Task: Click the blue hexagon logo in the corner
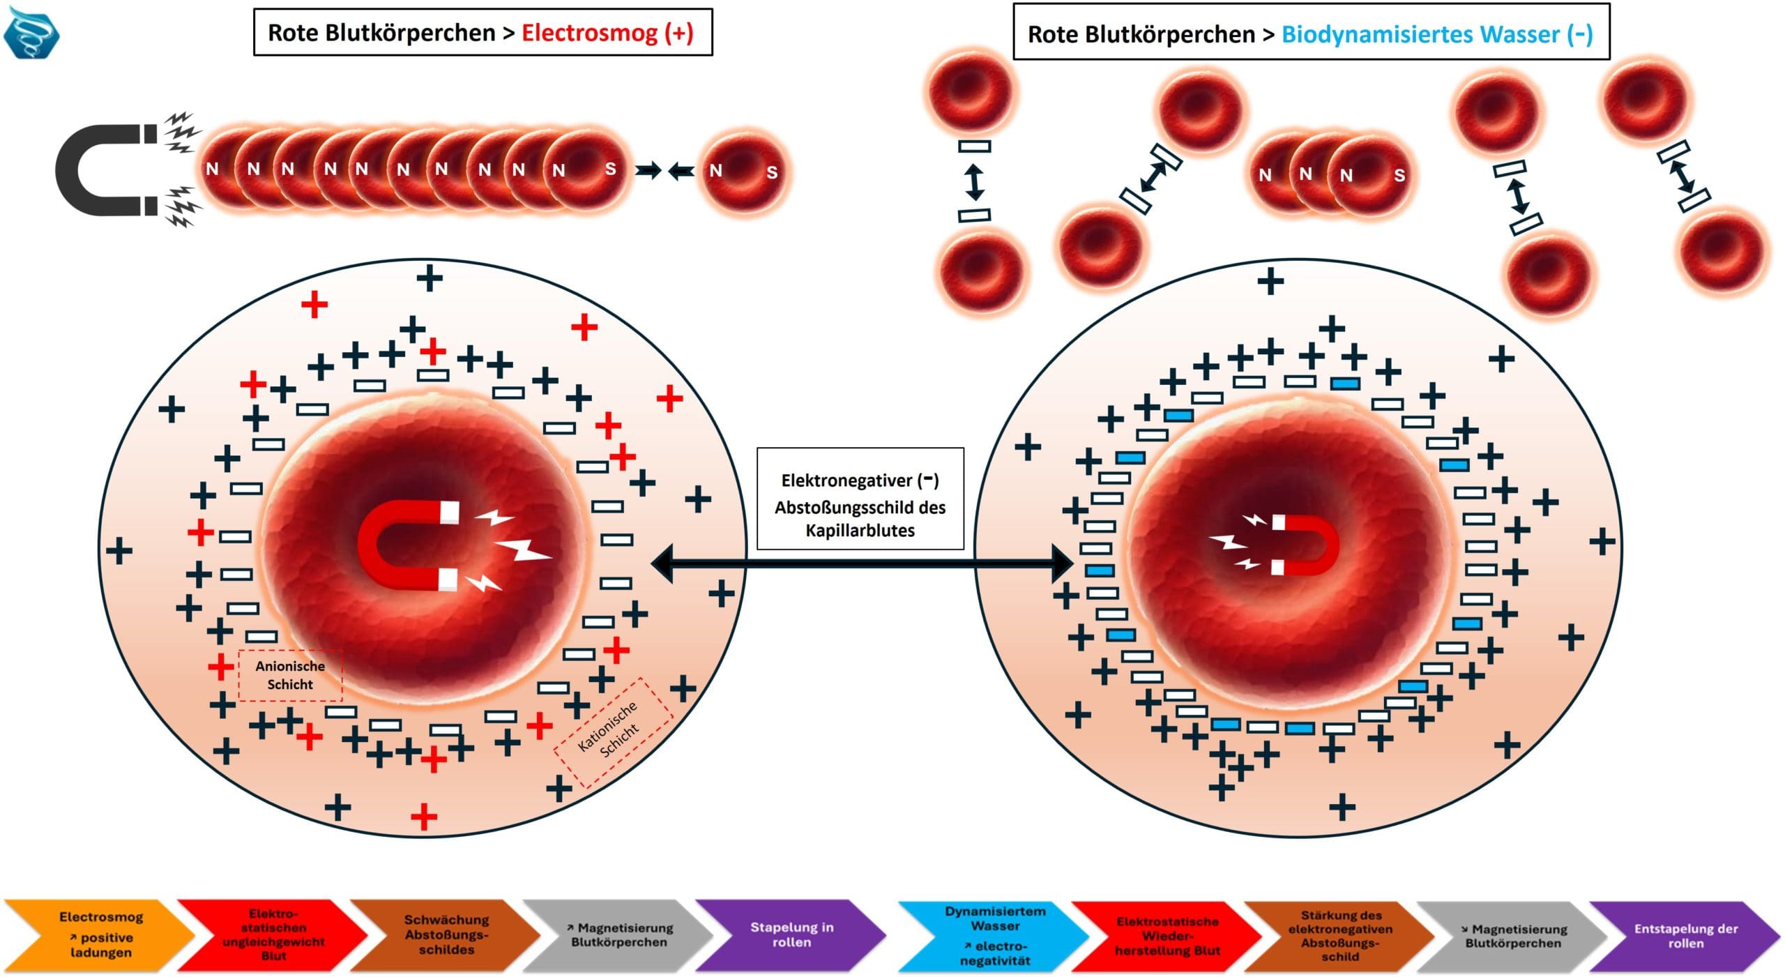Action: [x=31, y=33]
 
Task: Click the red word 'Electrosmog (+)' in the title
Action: [x=607, y=33]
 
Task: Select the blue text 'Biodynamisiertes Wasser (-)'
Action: [x=1436, y=34]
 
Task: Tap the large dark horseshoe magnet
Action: [x=105, y=170]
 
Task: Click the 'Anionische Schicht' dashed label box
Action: [x=290, y=675]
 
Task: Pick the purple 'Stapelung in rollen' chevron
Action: [x=791, y=934]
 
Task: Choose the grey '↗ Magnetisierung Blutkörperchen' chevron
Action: [x=618, y=934]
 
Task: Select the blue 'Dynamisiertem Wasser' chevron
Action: [x=995, y=935]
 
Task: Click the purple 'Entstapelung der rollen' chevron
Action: [x=1685, y=936]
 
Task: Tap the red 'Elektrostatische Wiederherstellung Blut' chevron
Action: [x=1167, y=936]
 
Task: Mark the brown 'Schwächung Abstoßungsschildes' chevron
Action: [x=446, y=934]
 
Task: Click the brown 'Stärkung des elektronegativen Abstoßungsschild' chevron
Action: [x=1339, y=936]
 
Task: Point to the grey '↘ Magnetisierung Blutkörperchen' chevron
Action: [x=1512, y=936]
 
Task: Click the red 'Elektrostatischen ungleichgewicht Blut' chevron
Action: [x=273, y=934]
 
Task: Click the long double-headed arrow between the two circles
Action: [x=861, y=563]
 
